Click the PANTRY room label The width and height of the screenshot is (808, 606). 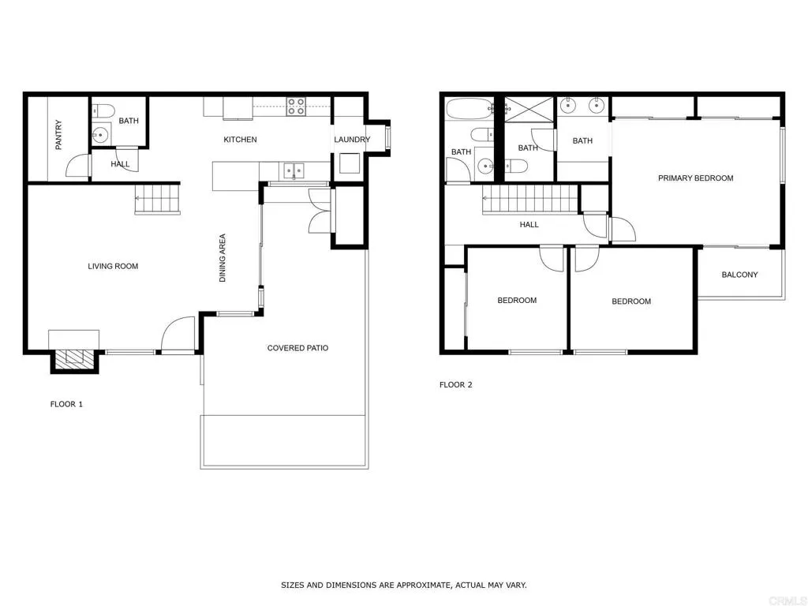click(58, 135)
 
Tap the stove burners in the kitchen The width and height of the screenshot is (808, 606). click(296, 106)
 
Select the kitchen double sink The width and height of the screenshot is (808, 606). click(294, 169)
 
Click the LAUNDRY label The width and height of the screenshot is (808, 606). click(351, 140)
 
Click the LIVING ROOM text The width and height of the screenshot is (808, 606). click(113, 267)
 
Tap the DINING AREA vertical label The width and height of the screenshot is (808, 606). click(223, 258)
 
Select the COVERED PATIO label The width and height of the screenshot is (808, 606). click(297, 348)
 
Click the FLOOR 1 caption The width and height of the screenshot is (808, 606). click(66, 404)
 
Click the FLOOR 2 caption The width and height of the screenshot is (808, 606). click(455, 385)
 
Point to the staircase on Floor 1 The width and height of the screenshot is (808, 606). click(157, 199)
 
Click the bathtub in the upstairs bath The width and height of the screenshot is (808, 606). click(468, 109)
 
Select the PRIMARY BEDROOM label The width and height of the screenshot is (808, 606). click(695, 178)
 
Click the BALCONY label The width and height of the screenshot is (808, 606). click(739, 275)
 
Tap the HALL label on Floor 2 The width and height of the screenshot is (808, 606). click(529, 225)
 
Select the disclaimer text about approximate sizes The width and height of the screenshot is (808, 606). click(403, 585)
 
